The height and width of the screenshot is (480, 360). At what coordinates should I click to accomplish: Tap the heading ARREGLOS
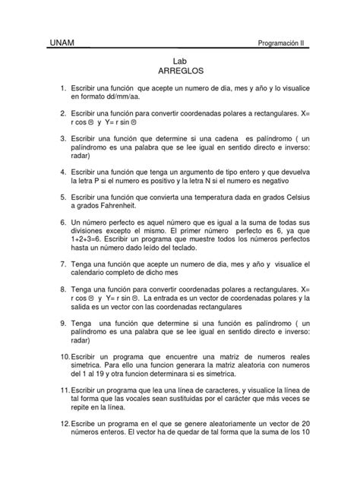180,77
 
